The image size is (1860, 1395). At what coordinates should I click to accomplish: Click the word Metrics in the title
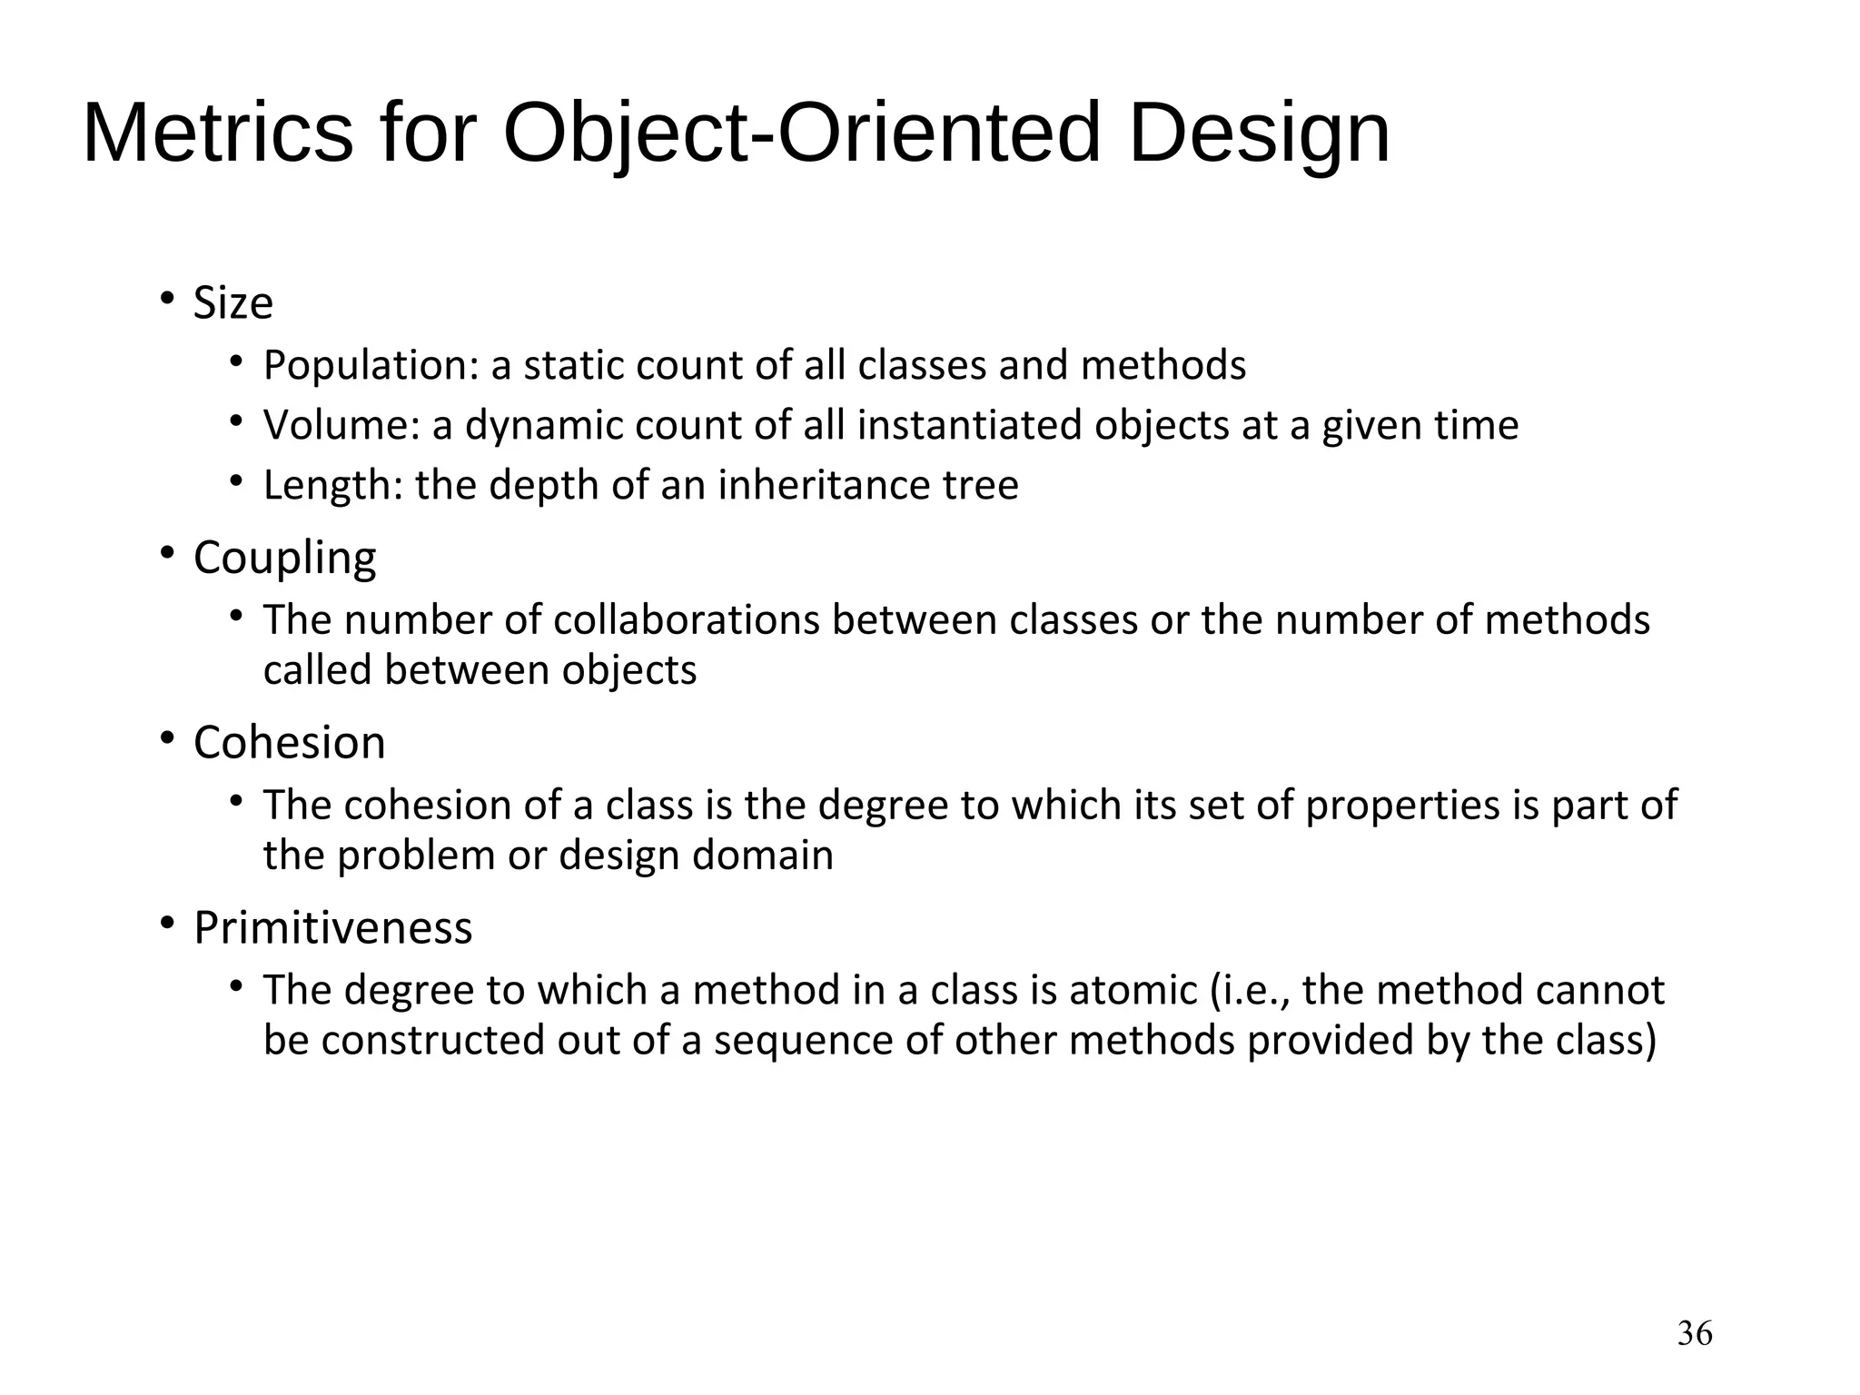point(217,134)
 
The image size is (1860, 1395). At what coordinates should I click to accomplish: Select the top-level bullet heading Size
point(232,302)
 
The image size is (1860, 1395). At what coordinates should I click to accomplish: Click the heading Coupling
point(284,558)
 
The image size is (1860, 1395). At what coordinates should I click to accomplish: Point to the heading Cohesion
point(289,742)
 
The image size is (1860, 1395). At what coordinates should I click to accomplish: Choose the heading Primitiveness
point(332,927)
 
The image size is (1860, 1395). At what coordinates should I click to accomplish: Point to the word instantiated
point(970,425)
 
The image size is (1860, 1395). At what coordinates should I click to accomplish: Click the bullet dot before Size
point(166,298)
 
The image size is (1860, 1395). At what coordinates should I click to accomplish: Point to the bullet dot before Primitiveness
point(166,924)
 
